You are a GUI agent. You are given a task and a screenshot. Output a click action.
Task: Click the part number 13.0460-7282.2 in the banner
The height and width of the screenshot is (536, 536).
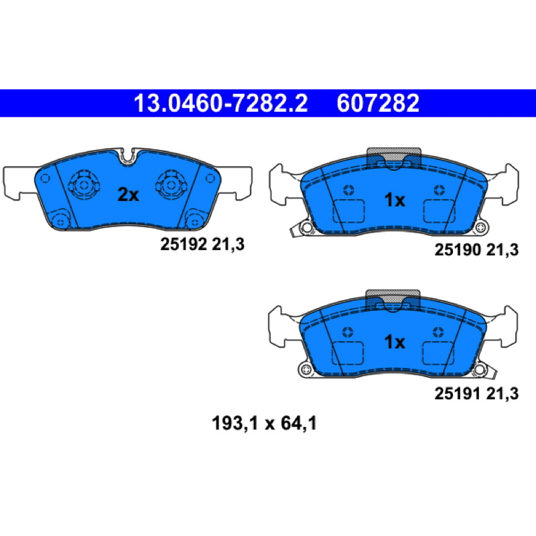(220, 103)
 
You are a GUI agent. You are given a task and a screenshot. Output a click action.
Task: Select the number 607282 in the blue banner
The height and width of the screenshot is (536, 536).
(378, 103)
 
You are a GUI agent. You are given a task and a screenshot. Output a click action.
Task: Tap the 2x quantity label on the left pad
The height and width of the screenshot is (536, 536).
(128, 195)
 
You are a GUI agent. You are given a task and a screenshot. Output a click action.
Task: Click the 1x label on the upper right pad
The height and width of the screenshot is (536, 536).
(395, 200)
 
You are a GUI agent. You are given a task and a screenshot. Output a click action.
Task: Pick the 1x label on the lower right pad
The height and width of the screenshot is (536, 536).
(395, 342)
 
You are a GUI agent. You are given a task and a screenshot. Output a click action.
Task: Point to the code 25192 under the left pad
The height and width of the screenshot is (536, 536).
(184, 245)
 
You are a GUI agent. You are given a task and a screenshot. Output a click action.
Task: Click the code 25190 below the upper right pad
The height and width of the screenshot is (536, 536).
(458, 250)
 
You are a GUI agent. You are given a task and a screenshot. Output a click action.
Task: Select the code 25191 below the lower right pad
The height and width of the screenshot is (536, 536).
(458, 393)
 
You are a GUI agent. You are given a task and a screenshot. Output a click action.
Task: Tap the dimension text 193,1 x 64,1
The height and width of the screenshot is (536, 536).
(264, 423)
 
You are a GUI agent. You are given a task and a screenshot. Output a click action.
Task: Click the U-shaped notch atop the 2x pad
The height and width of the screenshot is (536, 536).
(128, 158)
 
